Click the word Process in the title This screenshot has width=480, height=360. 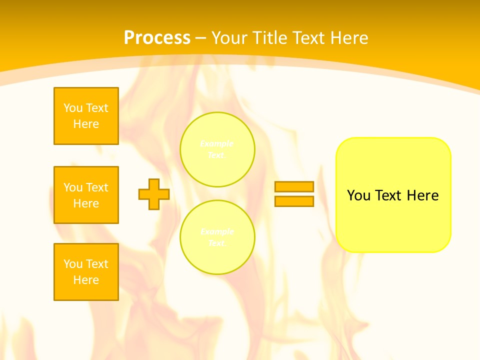157,38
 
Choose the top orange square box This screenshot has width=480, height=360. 86,116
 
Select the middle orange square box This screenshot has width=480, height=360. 86,195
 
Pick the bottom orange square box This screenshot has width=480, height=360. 86,272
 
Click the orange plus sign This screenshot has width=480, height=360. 154,194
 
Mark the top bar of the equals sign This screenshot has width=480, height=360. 294,186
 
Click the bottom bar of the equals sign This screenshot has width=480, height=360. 294,201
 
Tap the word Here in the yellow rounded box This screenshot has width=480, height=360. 422,195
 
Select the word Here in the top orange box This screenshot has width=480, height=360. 86,124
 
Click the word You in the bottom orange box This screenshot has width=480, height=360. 73,264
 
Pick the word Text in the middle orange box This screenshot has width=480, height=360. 97,187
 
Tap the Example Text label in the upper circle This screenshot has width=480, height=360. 217,149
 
